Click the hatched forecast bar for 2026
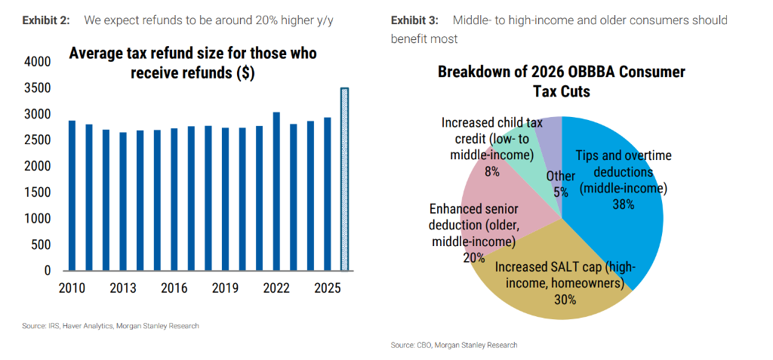click(344, 179)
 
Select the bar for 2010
click(72, 195)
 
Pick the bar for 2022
click(276, 191)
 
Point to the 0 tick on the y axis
click(47, 270)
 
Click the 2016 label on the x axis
click(174, 288)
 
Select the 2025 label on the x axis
click(327, 288)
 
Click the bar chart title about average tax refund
click(192, 63)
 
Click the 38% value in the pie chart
click(623, 204)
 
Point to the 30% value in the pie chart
click(565, 300)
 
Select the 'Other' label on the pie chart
click(561, 177)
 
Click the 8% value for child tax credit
click(492, 171)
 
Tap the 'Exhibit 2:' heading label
click(46, 20)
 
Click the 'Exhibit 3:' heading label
click(414, 20)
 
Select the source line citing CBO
click(454, 345)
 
